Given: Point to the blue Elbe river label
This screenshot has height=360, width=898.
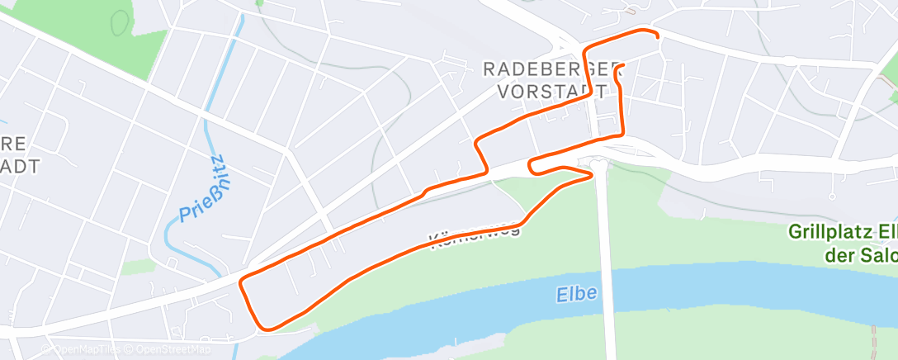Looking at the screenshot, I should point(577,294).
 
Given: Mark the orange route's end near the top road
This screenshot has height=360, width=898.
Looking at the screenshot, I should point(657,36).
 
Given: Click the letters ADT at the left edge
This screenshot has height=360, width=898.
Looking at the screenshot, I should point(20,165).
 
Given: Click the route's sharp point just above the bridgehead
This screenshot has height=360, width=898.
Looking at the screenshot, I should point(593,174).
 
